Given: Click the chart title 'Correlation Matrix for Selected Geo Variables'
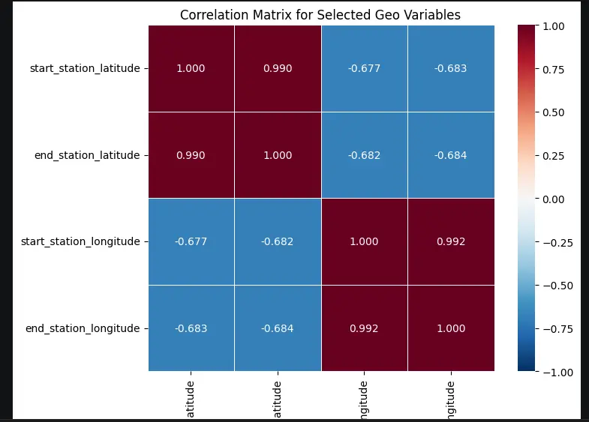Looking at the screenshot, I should click(x=320, y=15).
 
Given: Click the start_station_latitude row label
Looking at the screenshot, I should click(x=84, y=68).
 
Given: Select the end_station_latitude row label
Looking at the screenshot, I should click(x=86, y=155).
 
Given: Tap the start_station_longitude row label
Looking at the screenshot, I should click(x=82, y=241).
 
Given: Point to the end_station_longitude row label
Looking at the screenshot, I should click(x=83, y=328).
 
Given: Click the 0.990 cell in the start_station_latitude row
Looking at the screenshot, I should click(x=278, y=68).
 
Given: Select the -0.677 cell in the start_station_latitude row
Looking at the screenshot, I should click(x=364, y=68).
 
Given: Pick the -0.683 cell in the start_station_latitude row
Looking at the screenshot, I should click(x=450, y=68).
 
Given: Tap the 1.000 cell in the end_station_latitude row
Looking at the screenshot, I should click(x=278, y=155).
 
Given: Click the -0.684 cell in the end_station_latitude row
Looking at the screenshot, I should click(x=450, y=155).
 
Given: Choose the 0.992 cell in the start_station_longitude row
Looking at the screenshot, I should click(x=450, y=241).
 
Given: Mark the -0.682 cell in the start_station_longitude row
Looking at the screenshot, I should click(x=278, y=241).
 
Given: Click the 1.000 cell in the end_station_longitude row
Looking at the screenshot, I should click(x=450, y=328).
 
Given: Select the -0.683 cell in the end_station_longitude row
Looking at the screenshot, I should click(x=191, y=328).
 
